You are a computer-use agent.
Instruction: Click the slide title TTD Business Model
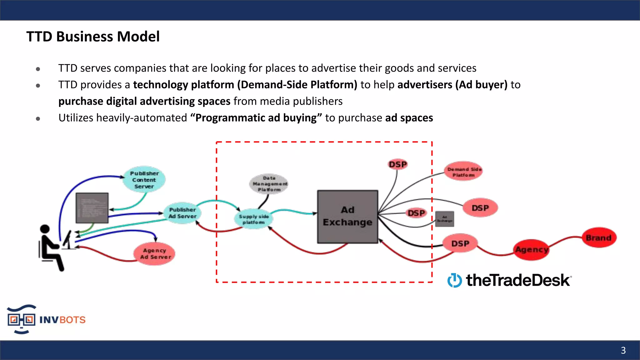point(93,37)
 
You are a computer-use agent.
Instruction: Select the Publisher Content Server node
point(144,180)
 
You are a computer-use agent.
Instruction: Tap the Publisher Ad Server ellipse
point(182,213)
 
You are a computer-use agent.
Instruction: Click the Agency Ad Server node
point(155,253)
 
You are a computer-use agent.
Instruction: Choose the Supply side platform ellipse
point(253,219)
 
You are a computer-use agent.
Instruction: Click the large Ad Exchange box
point(347,216)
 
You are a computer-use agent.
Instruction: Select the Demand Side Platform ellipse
point(463,172)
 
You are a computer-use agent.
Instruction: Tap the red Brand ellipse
point(598,238)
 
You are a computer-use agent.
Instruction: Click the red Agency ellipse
point(532,250)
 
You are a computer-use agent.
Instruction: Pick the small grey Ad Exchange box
point(444,219)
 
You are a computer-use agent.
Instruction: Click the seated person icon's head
point(45,229)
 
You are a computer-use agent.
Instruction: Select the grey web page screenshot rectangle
point(92,208)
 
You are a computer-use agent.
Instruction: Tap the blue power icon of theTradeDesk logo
point(454,280)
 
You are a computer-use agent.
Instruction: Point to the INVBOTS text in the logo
point(62,320)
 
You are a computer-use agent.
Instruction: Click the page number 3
point(623,350)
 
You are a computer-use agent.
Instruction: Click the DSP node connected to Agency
point(460,243)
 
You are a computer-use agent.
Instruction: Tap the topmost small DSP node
point(397,164)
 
